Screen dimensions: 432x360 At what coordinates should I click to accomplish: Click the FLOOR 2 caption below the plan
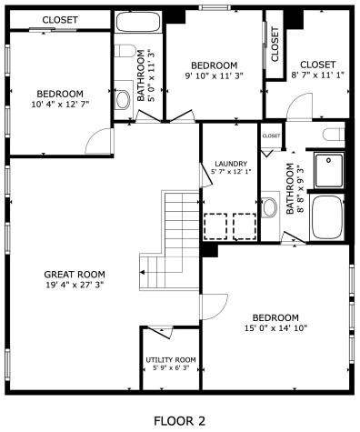pos(178,421)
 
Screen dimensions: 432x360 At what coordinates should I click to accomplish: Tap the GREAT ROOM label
pos(75,274)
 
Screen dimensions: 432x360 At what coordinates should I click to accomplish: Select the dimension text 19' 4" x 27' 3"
pos(75,285)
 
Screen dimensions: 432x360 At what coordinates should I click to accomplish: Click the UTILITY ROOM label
pos(171,360)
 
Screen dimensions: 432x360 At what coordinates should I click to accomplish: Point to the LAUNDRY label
pos(230,164)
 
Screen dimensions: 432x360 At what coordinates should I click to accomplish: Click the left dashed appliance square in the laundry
pos(215,225)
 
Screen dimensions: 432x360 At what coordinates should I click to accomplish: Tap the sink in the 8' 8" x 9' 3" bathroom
pos(270,207)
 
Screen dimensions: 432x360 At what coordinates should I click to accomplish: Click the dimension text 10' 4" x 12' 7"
pos(59,105)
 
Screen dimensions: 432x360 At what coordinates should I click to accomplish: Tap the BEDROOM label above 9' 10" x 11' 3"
pos(214,65)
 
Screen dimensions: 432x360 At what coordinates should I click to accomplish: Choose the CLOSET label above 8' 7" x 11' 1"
pos(311,65)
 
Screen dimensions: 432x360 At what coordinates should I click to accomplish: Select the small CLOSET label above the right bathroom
pos(271,136)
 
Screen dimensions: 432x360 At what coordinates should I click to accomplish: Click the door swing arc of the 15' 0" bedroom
pos(215,307)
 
